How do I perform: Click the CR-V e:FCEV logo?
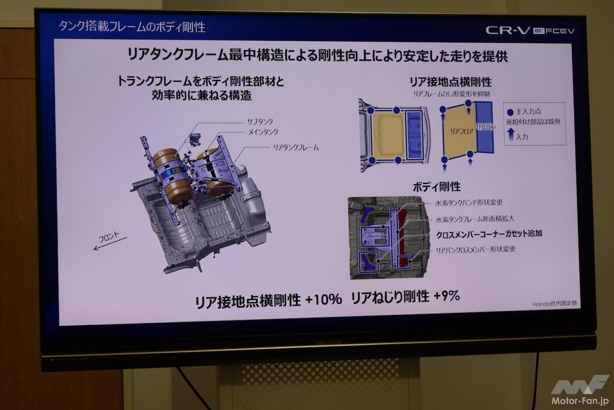pos(530,30)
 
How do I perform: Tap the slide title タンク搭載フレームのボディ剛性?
pos(132,27)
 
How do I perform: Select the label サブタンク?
pos(260,121)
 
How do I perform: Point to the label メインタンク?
pos(263,132)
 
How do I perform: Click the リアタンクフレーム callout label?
pos(296,147)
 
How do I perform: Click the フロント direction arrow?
pos(110,244)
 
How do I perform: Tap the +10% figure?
pos(324,299)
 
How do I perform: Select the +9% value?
pos(447,296)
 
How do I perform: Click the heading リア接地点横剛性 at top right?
pos(451,82)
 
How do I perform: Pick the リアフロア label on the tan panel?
pos(462,131)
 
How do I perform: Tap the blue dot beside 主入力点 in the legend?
pos(510,112)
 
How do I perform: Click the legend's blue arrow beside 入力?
pos(510,134)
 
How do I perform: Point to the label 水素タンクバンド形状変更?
pos(469,202)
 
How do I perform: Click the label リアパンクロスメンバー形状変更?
pos(476,249)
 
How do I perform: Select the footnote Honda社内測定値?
pos(555,303)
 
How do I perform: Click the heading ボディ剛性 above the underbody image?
pos(437,187)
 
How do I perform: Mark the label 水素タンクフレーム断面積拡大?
pos(475,219)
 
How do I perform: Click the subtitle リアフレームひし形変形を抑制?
pos(451,94)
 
